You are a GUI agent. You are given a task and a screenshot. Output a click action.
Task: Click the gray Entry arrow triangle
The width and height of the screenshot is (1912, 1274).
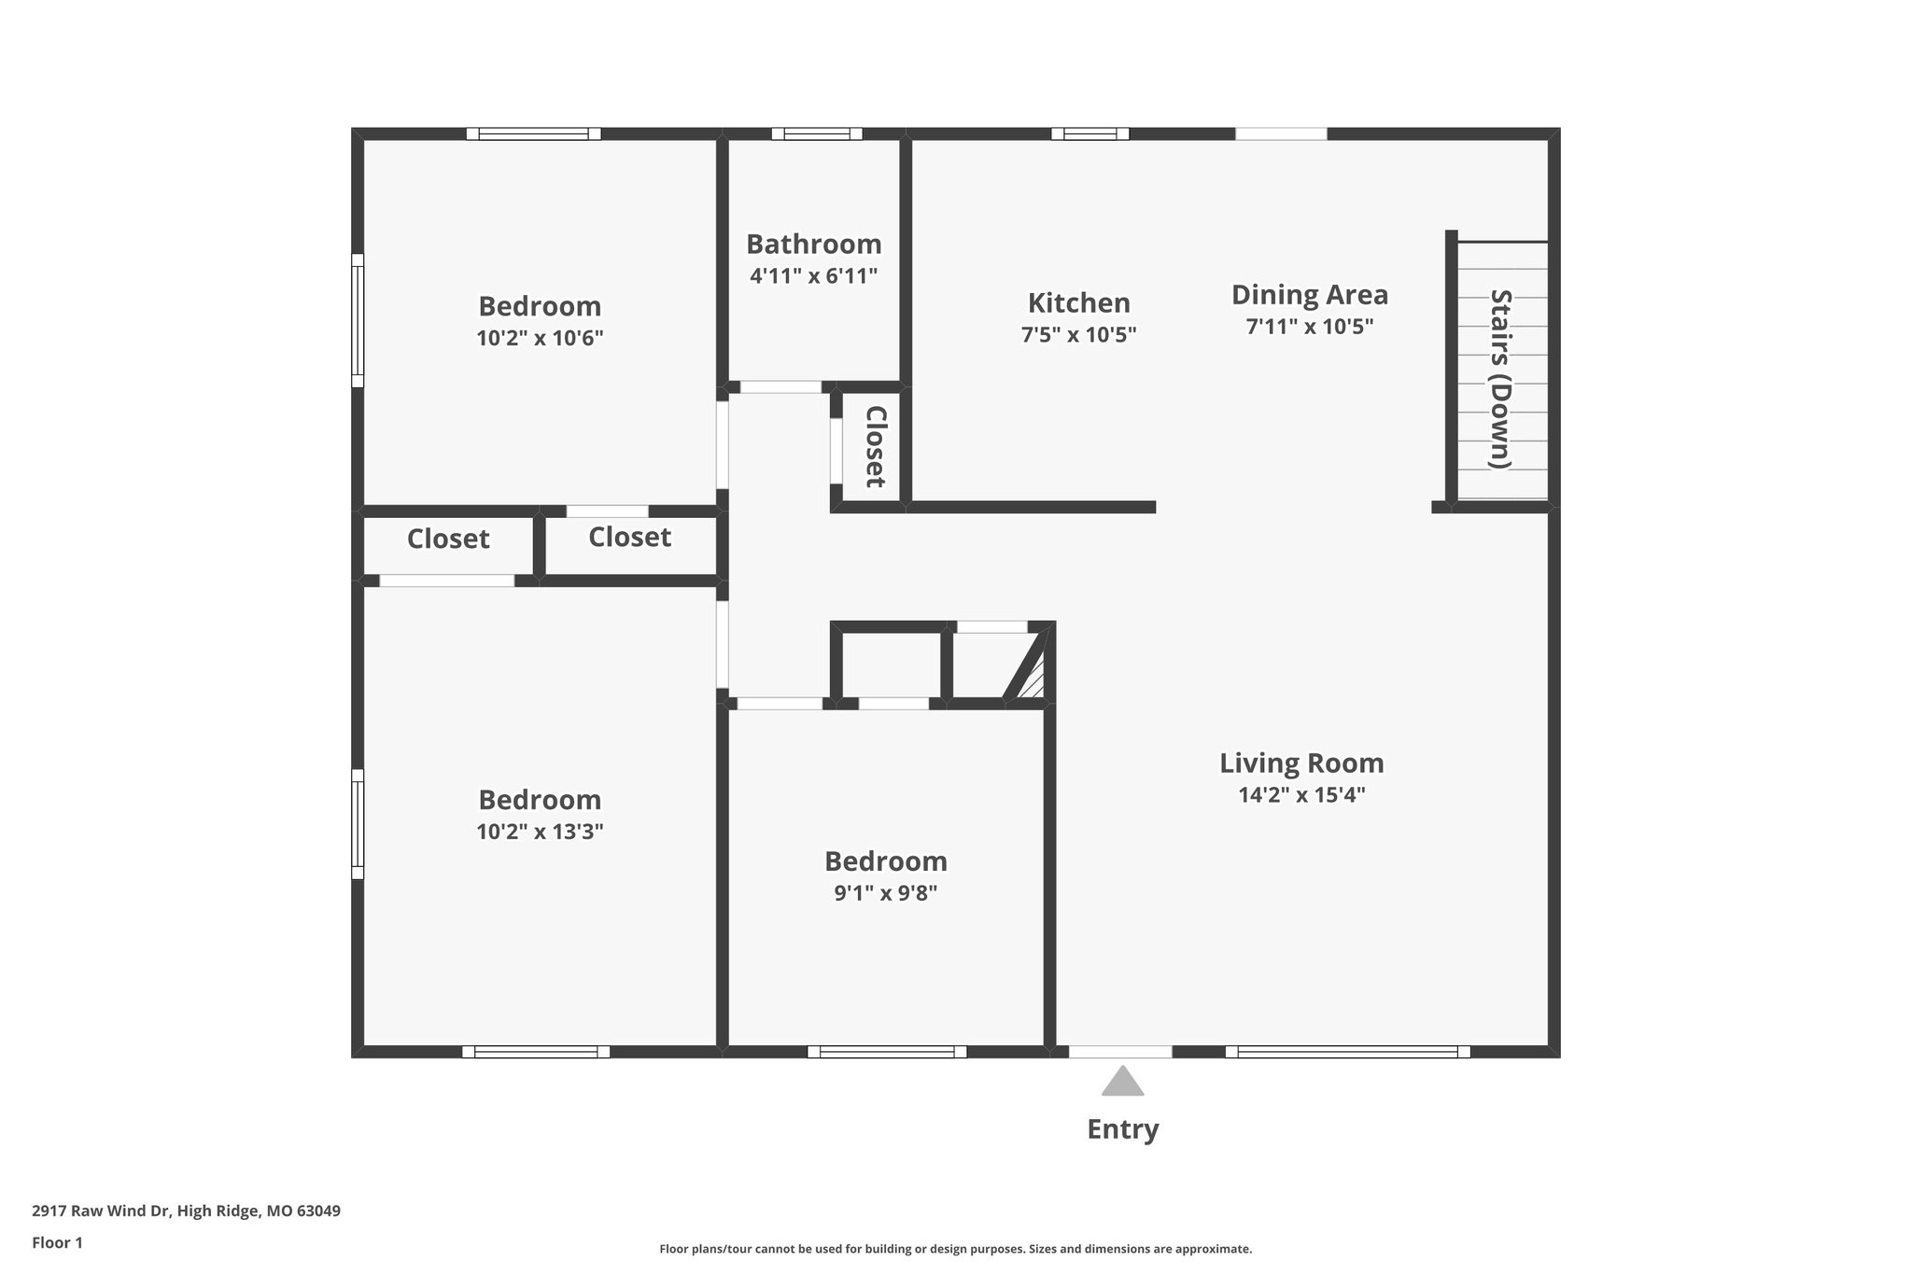pos(1122,1083)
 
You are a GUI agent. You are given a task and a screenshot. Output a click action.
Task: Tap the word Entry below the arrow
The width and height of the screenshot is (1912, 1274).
pos(1122,1129)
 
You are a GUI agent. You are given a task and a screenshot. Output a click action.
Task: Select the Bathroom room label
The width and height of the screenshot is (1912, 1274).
pos(813,245)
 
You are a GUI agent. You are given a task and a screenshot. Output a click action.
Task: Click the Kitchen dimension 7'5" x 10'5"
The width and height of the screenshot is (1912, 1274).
pos(1078,334)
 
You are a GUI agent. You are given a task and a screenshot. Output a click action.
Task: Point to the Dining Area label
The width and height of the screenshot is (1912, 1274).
pos(1309,295)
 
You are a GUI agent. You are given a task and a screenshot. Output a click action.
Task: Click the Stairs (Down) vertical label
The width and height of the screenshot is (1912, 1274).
pos(1500,379)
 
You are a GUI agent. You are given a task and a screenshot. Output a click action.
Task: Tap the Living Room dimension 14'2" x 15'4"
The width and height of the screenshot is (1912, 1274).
pos(1301,795)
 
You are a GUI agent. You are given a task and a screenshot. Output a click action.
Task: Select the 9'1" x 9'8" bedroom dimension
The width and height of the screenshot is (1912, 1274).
pos(885,893)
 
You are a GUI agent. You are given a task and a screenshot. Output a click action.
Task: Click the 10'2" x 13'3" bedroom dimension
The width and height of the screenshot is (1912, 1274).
pos(540,832)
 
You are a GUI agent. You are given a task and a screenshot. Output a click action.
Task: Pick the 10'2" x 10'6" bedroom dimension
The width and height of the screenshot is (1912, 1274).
pos(540,338)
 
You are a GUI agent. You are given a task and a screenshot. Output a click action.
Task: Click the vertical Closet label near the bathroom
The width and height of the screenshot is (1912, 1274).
pos(875,446)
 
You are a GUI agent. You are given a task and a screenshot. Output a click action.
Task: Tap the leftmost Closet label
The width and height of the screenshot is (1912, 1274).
pos(448,539)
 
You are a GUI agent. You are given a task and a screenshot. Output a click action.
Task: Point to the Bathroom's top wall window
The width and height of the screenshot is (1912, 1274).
pos(816,133)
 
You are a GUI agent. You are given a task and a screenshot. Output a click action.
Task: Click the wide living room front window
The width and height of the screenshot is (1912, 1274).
pos(1347,1052)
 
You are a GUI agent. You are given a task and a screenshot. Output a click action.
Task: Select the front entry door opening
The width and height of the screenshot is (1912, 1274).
pos(1120,1052)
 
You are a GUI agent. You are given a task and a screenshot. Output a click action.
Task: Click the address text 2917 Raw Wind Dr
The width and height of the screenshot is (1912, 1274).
pos(186,1211)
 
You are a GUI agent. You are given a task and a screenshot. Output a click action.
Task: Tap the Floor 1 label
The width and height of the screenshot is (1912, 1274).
pos(57,1242)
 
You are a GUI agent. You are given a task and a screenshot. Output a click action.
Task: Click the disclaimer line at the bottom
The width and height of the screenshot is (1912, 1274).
pos(955,1249)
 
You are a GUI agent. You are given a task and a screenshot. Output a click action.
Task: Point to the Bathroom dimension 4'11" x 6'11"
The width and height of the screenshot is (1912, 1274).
pos(813,276)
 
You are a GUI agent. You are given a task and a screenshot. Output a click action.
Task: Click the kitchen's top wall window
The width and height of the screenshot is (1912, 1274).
pos(1090,133)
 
